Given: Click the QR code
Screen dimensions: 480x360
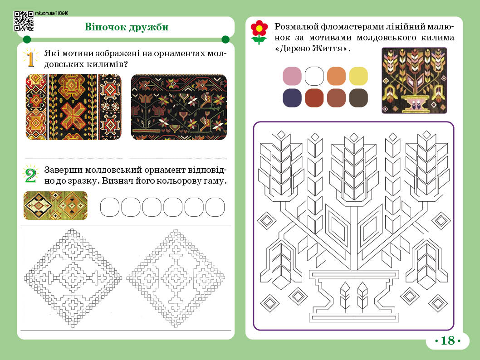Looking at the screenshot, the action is point(24,21).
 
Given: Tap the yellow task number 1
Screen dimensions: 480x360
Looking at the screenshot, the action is point(30,59).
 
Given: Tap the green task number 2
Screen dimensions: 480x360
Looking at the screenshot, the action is point(30,175).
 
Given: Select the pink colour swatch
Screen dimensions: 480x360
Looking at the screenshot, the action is point(292,76).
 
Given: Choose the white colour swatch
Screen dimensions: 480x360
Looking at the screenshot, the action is point(314,76).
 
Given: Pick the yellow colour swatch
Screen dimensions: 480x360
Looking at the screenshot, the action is point(358,76).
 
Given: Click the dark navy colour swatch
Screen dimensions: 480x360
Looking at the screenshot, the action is point(292,98).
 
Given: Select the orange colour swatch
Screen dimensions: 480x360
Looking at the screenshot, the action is point(336,76).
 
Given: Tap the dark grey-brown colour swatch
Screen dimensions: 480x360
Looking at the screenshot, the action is point(358,98).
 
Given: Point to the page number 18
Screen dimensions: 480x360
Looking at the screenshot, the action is point(447,341).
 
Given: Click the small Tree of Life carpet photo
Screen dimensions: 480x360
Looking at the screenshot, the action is point(414,80).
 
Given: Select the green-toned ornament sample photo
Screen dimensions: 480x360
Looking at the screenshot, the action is point(55,205).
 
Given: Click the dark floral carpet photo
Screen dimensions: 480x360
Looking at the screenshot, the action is point(179,107).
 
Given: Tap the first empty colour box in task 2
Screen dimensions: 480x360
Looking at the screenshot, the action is point(110,207).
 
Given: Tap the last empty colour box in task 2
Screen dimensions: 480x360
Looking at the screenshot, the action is point(215,207).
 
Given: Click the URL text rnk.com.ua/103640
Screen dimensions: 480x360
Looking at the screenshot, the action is point(52,13).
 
